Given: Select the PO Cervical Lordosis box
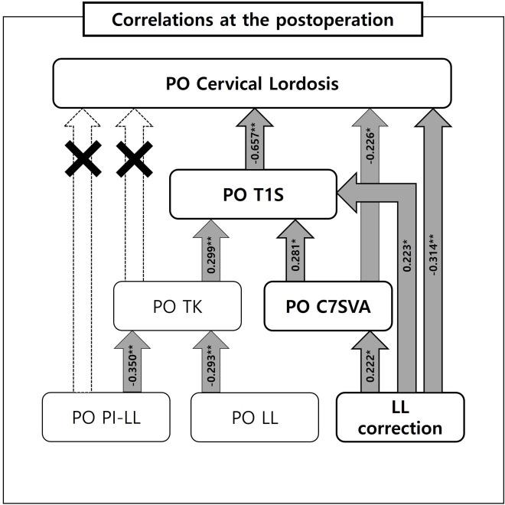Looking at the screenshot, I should (252, 84).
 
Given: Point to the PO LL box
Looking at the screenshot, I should (254, 418).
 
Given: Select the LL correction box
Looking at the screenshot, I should (401, 418).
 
